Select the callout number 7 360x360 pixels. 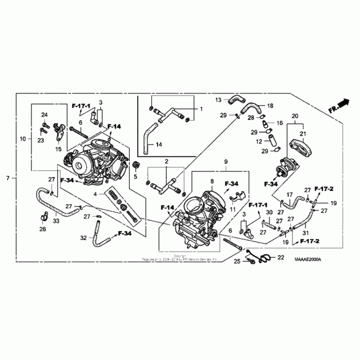[x=8, y=178]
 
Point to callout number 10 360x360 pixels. [x=23, y=139]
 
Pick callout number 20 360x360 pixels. [x=295, y=116]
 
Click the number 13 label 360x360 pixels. [x=218, y=99]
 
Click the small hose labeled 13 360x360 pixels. [x=235, y=99]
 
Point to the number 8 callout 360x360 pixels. [x=212, y=181]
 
